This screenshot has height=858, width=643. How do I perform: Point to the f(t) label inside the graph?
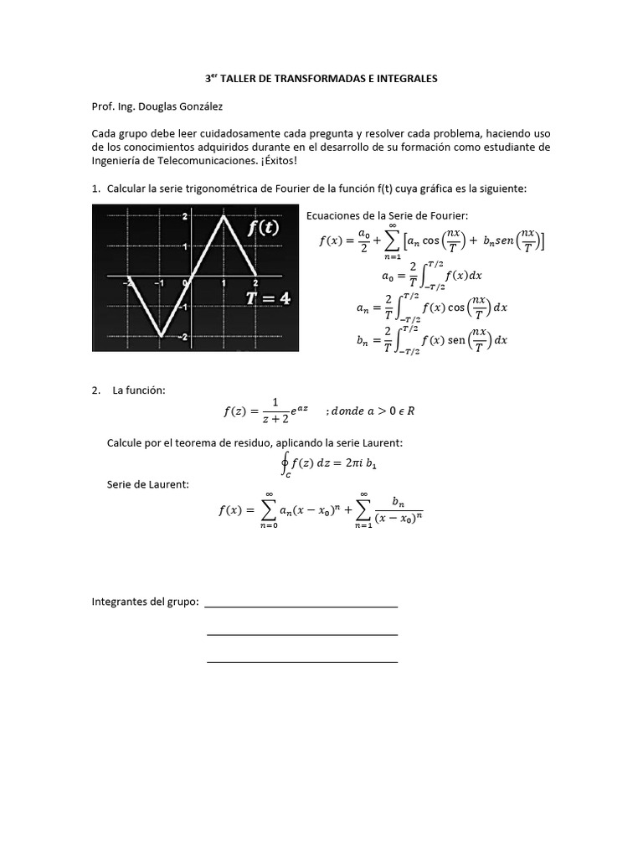263,228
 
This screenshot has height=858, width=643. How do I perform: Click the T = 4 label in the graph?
268,297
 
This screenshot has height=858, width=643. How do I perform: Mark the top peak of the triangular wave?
224,217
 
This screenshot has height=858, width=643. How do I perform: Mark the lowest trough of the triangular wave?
159,336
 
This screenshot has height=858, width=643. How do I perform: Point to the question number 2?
96,391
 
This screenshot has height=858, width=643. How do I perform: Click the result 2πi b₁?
367,463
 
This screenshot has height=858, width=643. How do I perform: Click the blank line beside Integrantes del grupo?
301,605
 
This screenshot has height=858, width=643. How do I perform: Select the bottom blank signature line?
301,662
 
